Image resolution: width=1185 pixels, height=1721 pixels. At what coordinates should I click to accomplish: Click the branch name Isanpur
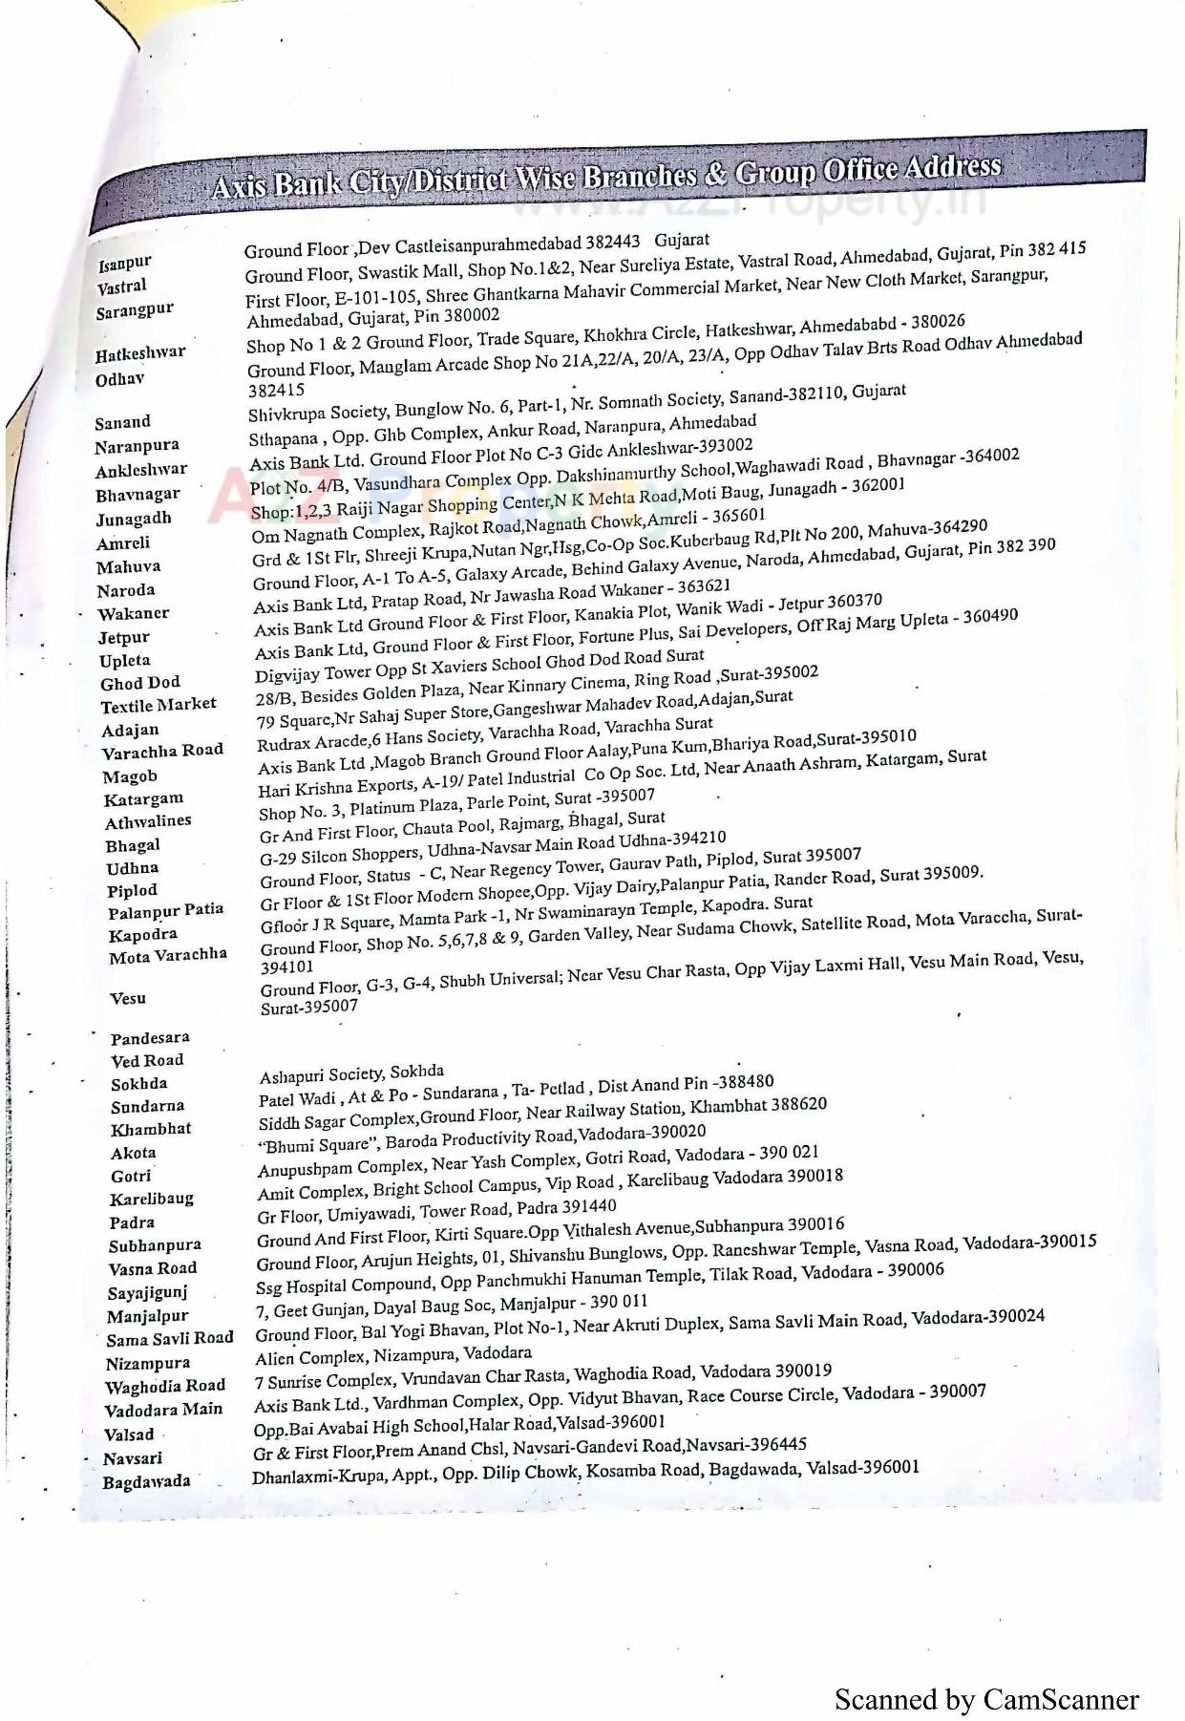pyautogui.click(x=124, y=262)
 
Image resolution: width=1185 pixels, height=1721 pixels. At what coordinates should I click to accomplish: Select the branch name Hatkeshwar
pyautogui.click(x=140, y=353)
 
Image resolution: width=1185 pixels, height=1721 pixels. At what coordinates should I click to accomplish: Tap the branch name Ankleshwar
pyautogui.click(x=141, y=470)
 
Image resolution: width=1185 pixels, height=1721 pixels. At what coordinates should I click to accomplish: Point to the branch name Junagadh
pyautogui.click(x=134, y=519)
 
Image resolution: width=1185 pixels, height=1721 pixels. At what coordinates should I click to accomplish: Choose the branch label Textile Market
pyautogui.click(x=159, y=706)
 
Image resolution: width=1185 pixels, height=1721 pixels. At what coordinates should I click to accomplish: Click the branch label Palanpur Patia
pyautogui.click(x=166, y=911)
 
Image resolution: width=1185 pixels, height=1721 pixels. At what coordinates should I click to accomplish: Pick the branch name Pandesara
pyautogui.click(x=150, y=1038)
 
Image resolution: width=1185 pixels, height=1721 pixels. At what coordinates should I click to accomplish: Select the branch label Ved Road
pyautogui.click(x=147, y=1060)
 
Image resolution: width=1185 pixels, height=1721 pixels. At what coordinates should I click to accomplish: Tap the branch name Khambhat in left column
pyautogui.click(x=151, y=1129)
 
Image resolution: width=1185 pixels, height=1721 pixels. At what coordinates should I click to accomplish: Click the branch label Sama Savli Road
pyautogui.click(x=170, y=1339)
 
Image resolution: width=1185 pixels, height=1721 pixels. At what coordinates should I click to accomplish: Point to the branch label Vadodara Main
pyautogui.click(x=163, y=1410)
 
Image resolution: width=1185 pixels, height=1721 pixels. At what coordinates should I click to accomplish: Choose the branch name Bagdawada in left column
pyautogui.click(x=146, y=1481)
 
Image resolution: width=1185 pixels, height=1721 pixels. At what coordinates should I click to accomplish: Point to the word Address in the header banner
pyautogui.click(x=952, y=168)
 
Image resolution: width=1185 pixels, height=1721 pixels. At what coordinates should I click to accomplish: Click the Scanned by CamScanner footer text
pyautogui.click(x=986, y=1699)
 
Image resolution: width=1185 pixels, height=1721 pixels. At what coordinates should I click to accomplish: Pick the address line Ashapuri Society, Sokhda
pyautogui.click(x=351, y=1074)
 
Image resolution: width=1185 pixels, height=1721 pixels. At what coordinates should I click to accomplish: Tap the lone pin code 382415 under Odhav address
pyautogui.click(x=276, y=390)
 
